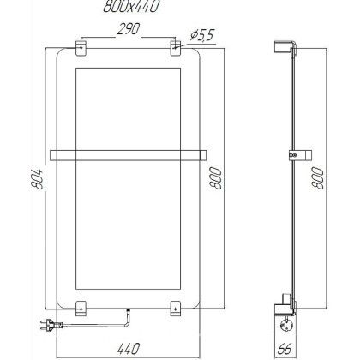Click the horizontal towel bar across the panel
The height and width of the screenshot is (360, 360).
(129, 155)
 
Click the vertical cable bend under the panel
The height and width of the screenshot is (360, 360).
(127, 318)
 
